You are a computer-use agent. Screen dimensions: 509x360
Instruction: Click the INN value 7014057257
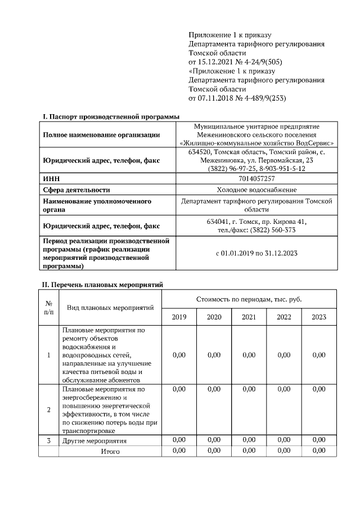coord(256,178)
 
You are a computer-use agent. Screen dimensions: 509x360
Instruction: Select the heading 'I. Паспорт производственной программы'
coord(111,116)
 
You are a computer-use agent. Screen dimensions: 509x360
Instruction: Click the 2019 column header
coord(179,317)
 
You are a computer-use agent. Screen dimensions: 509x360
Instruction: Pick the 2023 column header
coord(319,317)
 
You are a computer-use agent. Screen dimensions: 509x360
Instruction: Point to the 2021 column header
coord(249,317)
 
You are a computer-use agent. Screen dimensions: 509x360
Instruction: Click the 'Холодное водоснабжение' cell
coord(256,190)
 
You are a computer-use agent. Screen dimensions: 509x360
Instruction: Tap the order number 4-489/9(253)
coord(259,98)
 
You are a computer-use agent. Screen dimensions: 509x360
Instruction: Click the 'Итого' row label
coord(110,451)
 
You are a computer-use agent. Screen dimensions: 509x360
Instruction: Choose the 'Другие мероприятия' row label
coord(94,440)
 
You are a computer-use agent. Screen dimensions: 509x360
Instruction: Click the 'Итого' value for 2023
coord(319,451)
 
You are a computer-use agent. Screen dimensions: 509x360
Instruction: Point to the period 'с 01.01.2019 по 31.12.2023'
coord(256,253)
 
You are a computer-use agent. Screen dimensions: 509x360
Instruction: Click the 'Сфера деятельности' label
coord(76,190)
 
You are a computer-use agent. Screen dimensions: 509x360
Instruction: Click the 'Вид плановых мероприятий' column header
coord(110,308)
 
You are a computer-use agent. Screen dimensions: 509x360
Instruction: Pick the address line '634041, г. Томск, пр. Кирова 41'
coord(256,222)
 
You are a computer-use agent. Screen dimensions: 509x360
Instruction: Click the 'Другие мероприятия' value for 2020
coord(214,440)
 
